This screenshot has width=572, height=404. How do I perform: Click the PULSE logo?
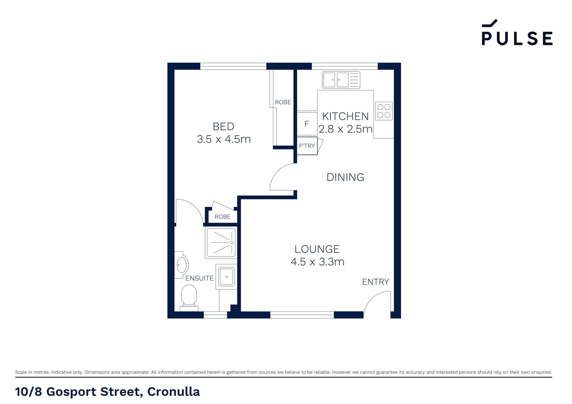[x=517, y=32]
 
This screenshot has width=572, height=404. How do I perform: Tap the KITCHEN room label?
[x=345, y=116]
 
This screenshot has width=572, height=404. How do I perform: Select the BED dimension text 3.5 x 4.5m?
[x=224, y=139]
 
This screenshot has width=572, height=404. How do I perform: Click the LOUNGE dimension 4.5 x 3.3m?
[x=317, y=262]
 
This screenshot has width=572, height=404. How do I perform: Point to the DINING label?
[x=345, y=177]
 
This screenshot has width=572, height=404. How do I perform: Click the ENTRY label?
[x=375, y=282]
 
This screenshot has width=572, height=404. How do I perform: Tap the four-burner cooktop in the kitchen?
[x=384, y=111]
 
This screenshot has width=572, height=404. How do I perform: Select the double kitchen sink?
[x=341, y=80]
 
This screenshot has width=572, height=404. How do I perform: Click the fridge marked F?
[x=307, y=124]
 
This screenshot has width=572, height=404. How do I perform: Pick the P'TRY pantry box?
[x=307, y=146]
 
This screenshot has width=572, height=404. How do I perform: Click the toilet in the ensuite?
[x=189, y=298]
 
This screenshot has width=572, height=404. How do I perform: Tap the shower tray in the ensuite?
[x=221, y=243]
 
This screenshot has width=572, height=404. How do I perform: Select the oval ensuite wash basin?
[x=182, y=265]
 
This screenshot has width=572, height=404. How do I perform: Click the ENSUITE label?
[x=199, y=278]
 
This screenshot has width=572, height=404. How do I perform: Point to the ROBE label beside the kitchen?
[x=283, y=102]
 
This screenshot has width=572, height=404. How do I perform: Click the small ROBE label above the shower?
[x=222, y=217]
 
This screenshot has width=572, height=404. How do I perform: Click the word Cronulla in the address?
[x=173, y=392]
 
